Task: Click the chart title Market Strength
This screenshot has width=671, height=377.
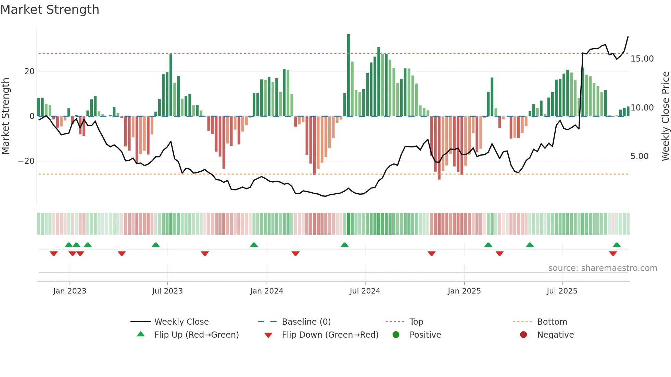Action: [50, 10]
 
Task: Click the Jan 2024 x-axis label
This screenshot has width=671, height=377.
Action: [267, 291]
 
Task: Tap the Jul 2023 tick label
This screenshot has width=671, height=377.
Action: [167, 291]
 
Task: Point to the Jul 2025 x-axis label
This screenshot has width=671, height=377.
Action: [562, 291]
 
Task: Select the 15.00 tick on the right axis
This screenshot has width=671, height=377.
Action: [642, 59]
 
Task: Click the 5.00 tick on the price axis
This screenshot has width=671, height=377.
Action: [639, 156]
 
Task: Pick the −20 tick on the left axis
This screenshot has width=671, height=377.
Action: [26, 161]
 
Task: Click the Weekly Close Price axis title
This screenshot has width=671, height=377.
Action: [665, 116]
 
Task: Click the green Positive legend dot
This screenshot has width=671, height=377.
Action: [396, 335]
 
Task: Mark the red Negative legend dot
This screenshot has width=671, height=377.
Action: [523, 335]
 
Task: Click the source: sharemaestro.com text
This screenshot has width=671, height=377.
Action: [603, 268]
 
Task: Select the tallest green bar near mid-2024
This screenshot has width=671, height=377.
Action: [349, 75]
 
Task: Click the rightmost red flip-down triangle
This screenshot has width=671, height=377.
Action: [613, 253]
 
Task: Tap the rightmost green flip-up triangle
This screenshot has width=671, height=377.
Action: [617, 245]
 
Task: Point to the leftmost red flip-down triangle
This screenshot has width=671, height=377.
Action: [54, 253]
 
